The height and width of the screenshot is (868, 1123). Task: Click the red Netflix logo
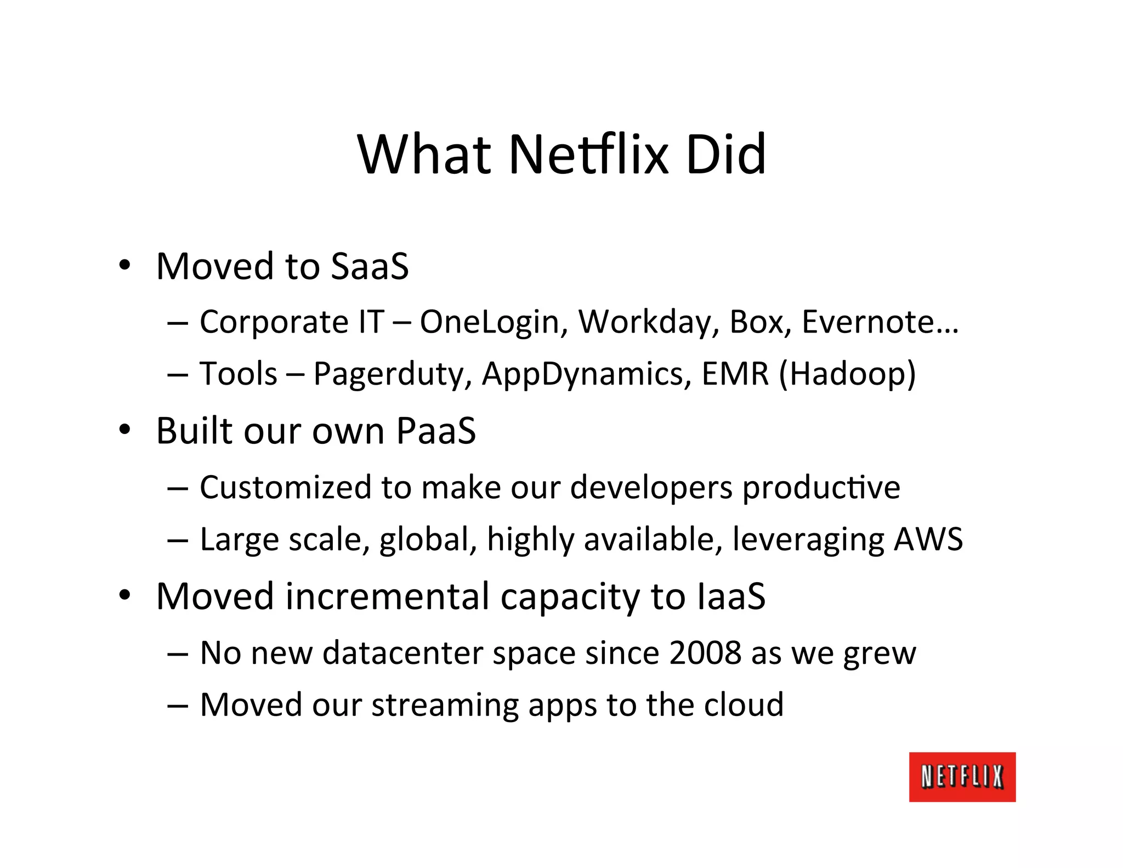[962, 776]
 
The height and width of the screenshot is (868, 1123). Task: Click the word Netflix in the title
[589, 155]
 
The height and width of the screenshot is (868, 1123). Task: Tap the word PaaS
[436, 431]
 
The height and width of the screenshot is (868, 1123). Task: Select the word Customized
[285, 487]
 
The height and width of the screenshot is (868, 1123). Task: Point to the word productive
[821, 487]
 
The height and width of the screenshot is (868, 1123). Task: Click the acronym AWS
[928, 539]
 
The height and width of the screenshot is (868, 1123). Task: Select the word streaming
[445, 705]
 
